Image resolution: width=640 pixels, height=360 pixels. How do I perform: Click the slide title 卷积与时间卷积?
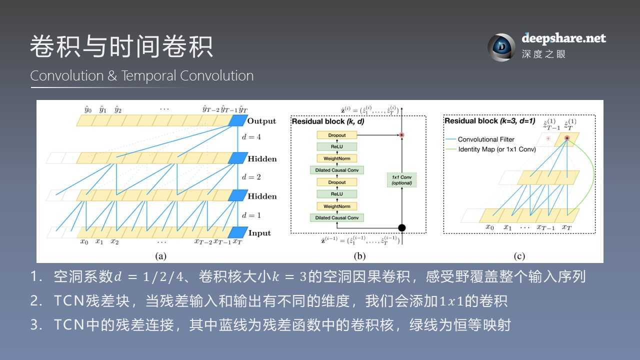pyautogui.click(x=121, y=47)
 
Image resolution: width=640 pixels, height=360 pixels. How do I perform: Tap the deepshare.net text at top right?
pyautogui.click(x=563, y=38)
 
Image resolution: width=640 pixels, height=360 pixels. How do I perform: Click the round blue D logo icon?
pyautogui.click(x=501, y=47)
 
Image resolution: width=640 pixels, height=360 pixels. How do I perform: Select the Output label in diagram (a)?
pyautogui.click(x=261, y=121)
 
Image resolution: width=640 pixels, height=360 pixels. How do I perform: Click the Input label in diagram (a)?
pyautogui.click(x=259, y=233)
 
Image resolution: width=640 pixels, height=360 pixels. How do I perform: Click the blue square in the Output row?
pyautogui.click(x=237, y=121)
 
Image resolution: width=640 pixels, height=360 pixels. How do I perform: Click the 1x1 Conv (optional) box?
pyautogui.click(x=401, y=179)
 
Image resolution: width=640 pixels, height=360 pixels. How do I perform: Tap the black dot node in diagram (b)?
pyautogui.click(x=401, y=227)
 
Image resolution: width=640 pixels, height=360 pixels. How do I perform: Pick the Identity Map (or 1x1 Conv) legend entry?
pyautogui.click(x=496, y=149)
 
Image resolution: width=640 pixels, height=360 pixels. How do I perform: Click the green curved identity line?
pyautogui.click(x=591, y=175)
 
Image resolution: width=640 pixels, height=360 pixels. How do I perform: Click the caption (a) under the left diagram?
pyautogui.click(x=160, y=256)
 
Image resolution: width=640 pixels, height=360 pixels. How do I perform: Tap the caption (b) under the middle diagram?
pyautogui.click(x=359, y=256)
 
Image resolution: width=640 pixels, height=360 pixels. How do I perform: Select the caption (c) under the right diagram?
pyautogui.click(x=519, y=256)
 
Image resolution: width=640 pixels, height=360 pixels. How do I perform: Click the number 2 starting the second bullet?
pyautogui.click(x=34, y=301)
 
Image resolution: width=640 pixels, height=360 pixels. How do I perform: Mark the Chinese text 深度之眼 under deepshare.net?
pyautogui.click(x=543, y=54)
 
